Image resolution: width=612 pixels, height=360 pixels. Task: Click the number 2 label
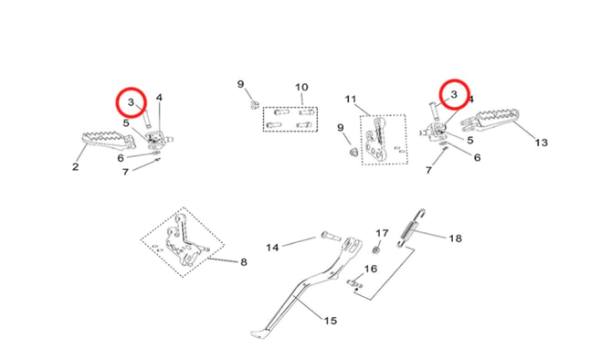click(75, 166)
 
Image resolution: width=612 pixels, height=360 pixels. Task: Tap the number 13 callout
click(541, 143)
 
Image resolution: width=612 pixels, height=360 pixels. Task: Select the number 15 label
click(330, 321)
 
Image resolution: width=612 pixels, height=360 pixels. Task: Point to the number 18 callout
click(455, 238)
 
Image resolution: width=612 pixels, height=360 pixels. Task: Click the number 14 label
click(272, 248)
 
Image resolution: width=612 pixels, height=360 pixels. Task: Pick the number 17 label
click(382, 233)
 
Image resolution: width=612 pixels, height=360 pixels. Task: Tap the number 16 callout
click(371, 269)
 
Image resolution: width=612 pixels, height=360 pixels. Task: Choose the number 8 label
click(244, 262)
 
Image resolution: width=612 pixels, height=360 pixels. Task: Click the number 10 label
click(301, 87)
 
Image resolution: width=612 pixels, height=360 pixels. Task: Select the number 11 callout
click(351, 100)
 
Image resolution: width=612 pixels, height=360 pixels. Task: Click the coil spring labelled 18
click(410, 229)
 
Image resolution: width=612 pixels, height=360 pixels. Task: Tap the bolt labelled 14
click(331, 236)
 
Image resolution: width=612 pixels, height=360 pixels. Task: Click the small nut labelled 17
click(376, 249)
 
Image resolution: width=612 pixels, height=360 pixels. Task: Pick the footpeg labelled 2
click(110, 142)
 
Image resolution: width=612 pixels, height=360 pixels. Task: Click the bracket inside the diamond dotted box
click(184, 244)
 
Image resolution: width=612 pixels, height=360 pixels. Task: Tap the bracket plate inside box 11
click(376, 141)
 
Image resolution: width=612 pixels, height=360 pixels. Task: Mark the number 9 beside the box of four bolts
click(240, 84)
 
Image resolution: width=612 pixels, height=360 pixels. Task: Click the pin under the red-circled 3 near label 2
click(147, 119)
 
